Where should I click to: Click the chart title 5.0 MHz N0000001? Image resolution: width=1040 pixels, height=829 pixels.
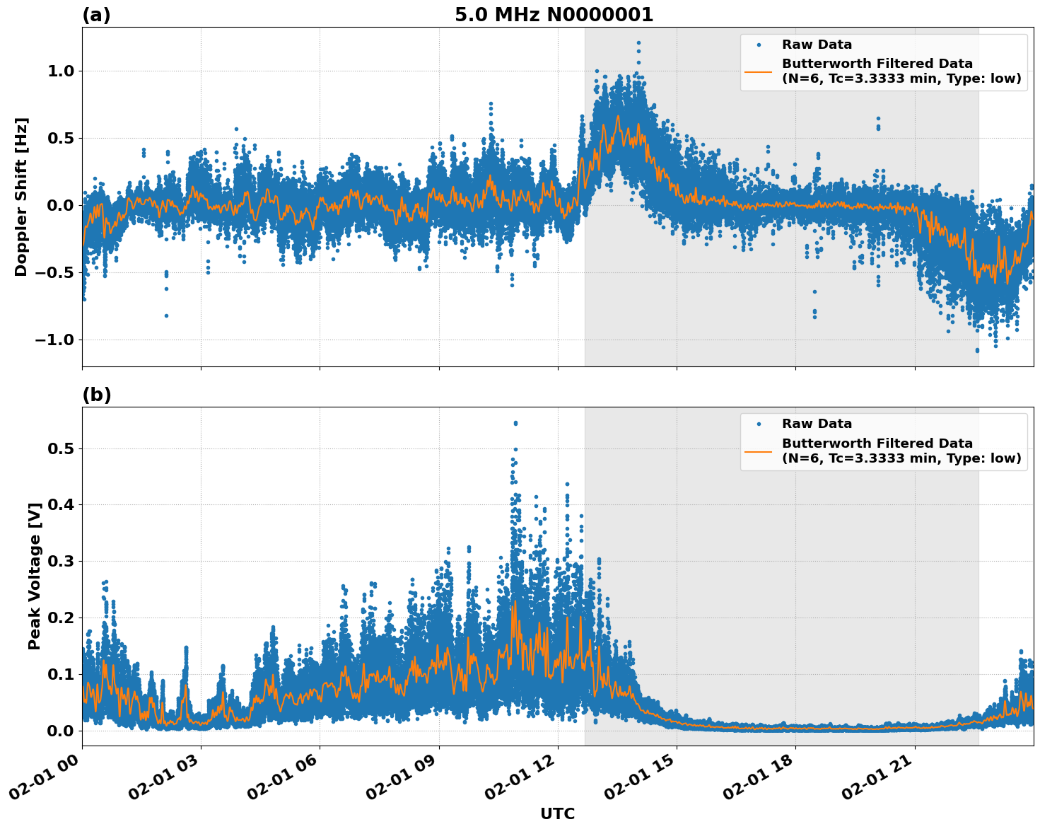click(554, 15)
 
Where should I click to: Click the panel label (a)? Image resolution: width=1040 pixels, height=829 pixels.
click(96, 15)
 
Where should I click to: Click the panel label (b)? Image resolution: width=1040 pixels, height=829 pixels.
click(96, 395)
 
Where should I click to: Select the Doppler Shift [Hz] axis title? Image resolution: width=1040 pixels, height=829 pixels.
click(21, 197)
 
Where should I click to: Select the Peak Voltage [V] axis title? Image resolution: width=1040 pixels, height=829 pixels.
click(35, 576)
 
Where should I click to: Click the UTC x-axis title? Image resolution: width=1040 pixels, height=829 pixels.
click(557, 813)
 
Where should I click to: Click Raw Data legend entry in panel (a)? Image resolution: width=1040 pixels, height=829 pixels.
click(817, 45)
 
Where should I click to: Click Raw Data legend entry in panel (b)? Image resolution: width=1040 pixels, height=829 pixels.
click(817, 424)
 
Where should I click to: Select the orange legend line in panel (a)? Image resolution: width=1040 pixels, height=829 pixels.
click(758, 71)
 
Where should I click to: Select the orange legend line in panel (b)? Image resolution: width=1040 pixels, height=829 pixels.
click(758, 451)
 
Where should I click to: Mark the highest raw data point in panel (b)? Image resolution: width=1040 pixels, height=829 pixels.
click(515, 423)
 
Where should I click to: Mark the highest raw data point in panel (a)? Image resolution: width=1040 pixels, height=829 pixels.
click(638, 43)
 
